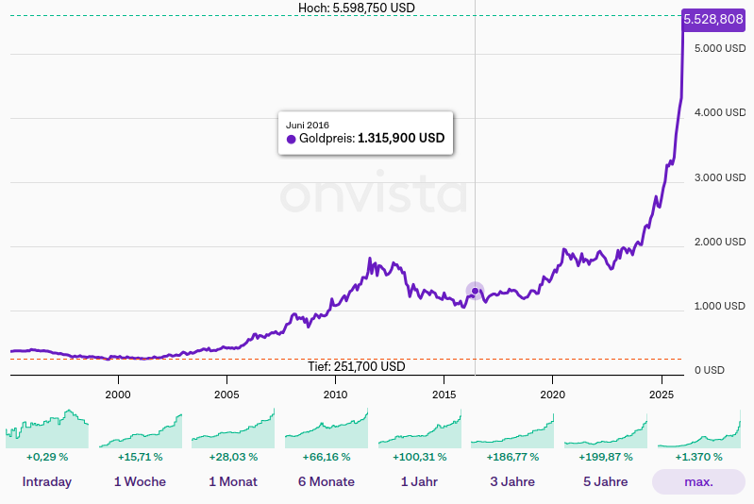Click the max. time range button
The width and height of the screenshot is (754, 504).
(x=698, y=481)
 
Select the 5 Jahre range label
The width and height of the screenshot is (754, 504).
(x=605, y=481)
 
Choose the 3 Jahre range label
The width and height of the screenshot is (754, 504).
(x=513, y=481)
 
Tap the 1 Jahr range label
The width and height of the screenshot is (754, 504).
(x=420, y=481)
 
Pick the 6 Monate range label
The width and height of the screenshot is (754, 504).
(x=327, y=481)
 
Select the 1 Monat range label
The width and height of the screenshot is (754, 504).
(x=233, y=481)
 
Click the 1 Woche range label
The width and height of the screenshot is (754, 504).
(x=140, y=481)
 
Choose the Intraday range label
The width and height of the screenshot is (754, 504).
(x=47, y=481)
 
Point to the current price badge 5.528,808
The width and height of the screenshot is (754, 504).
(x=712, y=19)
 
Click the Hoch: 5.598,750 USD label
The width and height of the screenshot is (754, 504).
(x=357, y=8)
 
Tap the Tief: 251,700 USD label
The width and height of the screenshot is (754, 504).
(x=357, y=366)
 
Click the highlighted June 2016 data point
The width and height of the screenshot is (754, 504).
(x=475, y=291)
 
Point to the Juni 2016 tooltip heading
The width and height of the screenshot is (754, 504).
(x=308, y=125)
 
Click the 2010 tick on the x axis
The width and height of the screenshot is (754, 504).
(x=335, y=393)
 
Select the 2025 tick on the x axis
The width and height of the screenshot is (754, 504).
(x=661, y=393)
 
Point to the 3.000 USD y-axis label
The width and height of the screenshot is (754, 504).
(x=721, y=177)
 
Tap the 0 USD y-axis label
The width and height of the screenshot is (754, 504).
(x=710, y=370)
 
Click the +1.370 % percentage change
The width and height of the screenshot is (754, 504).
(x=698, y=457)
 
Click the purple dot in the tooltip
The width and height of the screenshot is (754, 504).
(x=292, y=139)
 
